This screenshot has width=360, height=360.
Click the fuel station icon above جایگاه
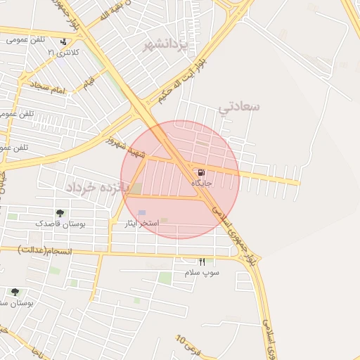click(x=202, y=172)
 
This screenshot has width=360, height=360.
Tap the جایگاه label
click(x=202, y=183)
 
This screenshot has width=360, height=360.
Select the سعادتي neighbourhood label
click(x=239, y=107)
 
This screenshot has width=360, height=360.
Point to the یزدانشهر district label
click(x=166, y=45)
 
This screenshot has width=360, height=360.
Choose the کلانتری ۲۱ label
click(x=63, y=53)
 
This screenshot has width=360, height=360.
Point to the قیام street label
click(x=88, y=83)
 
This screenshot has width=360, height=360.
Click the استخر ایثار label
click(x=145, y=223)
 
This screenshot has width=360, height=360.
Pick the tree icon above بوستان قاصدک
click(x=60, y=213)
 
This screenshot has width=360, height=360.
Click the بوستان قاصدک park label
click(x=60, y=224)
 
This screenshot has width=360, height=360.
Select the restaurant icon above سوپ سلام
click(x=202, y=262)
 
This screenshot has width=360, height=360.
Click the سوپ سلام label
click(x=202, y=272)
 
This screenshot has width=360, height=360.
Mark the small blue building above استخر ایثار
click(x=142, y=212)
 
